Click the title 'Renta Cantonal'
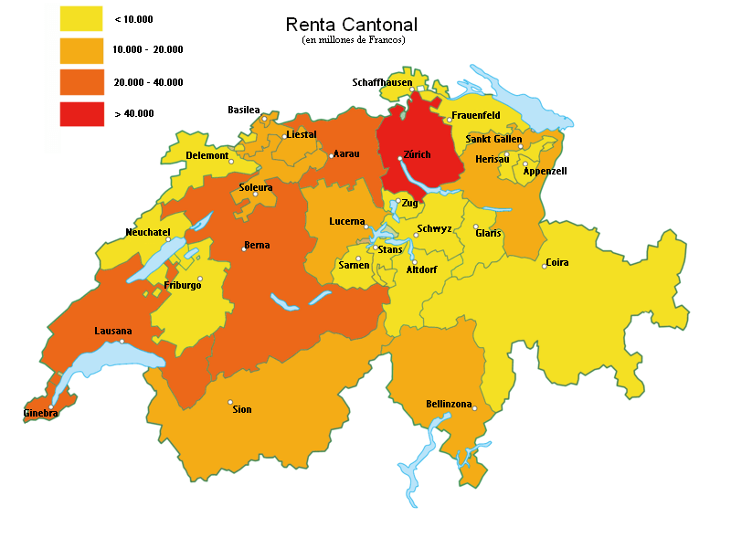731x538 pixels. coord(352,25)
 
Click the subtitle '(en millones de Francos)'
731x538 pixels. coord(352,40)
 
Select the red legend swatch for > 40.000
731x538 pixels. coord(81,114)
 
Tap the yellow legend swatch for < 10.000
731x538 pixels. coord(81,18)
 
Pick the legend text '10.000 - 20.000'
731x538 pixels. coord(148,50)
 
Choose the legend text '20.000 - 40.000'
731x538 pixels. coord(148,82)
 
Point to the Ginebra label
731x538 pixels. coord(41,414)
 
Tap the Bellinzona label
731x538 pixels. coord(449,404)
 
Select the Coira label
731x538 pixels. coord(557,263)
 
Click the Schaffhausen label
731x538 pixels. coord(382,83)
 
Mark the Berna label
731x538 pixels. coord(257,245)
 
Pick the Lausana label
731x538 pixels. coord(113,331)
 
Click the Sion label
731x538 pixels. coord(242,409)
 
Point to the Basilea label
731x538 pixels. coord(244,110)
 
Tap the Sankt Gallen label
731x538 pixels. coord(493,139)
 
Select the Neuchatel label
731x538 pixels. coord(148,232)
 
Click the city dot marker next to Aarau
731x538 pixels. coord(331,156)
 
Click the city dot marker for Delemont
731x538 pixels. coord(231,162)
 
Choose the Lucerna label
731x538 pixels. coord(347,222)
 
